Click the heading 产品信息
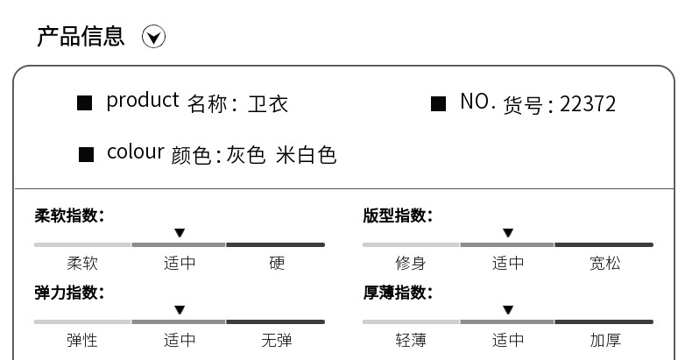tap(81, 36)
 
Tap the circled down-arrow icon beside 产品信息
tap(153, 37)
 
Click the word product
tap(142, 101)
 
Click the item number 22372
tap(587, 104)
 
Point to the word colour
tap(135, 152)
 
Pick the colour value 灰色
tap(245, 156)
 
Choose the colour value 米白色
tap(306, 156)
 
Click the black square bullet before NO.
tap(438, 104)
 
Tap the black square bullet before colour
tap(86, 155)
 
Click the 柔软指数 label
tap(69, 215)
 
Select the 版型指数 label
tap(398, 215)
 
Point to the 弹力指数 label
tap(69, 293)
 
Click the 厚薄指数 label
tap(398, 293)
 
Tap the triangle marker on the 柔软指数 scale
tap(180, 233)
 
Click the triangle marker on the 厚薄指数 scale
tap(508, 310)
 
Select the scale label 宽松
tap(604, 263)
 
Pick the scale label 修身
tap(410, 263)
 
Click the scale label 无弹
tap(276, 340)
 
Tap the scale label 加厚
tap(604, 340)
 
